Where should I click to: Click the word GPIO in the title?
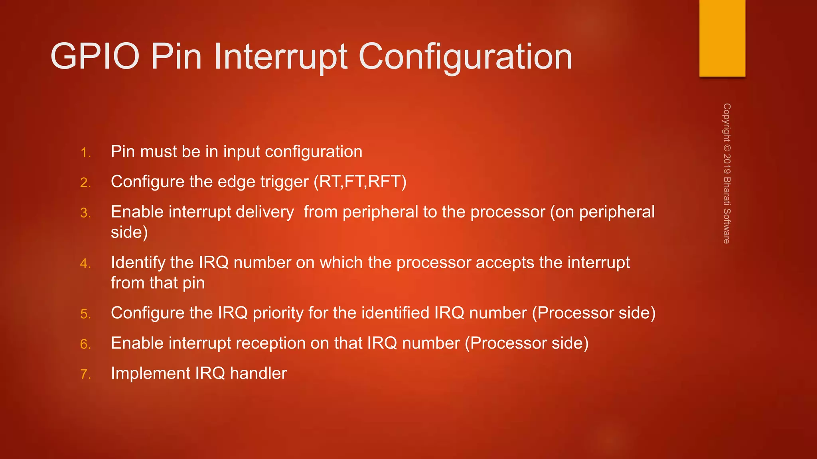(x=95, y=57)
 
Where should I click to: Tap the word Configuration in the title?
(x=465, y=57)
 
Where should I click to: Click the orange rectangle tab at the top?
(x=722, y=38)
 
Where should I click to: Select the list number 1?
(x=85, y=153)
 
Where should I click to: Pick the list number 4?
(x=85, y=263)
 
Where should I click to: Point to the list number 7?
(x=85, y=374)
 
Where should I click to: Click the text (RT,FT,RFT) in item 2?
(x=360, y=182)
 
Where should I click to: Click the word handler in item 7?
(x=258, y=373)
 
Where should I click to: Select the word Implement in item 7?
(x=150, y=373)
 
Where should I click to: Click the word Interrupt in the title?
(x=280, y=57)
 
